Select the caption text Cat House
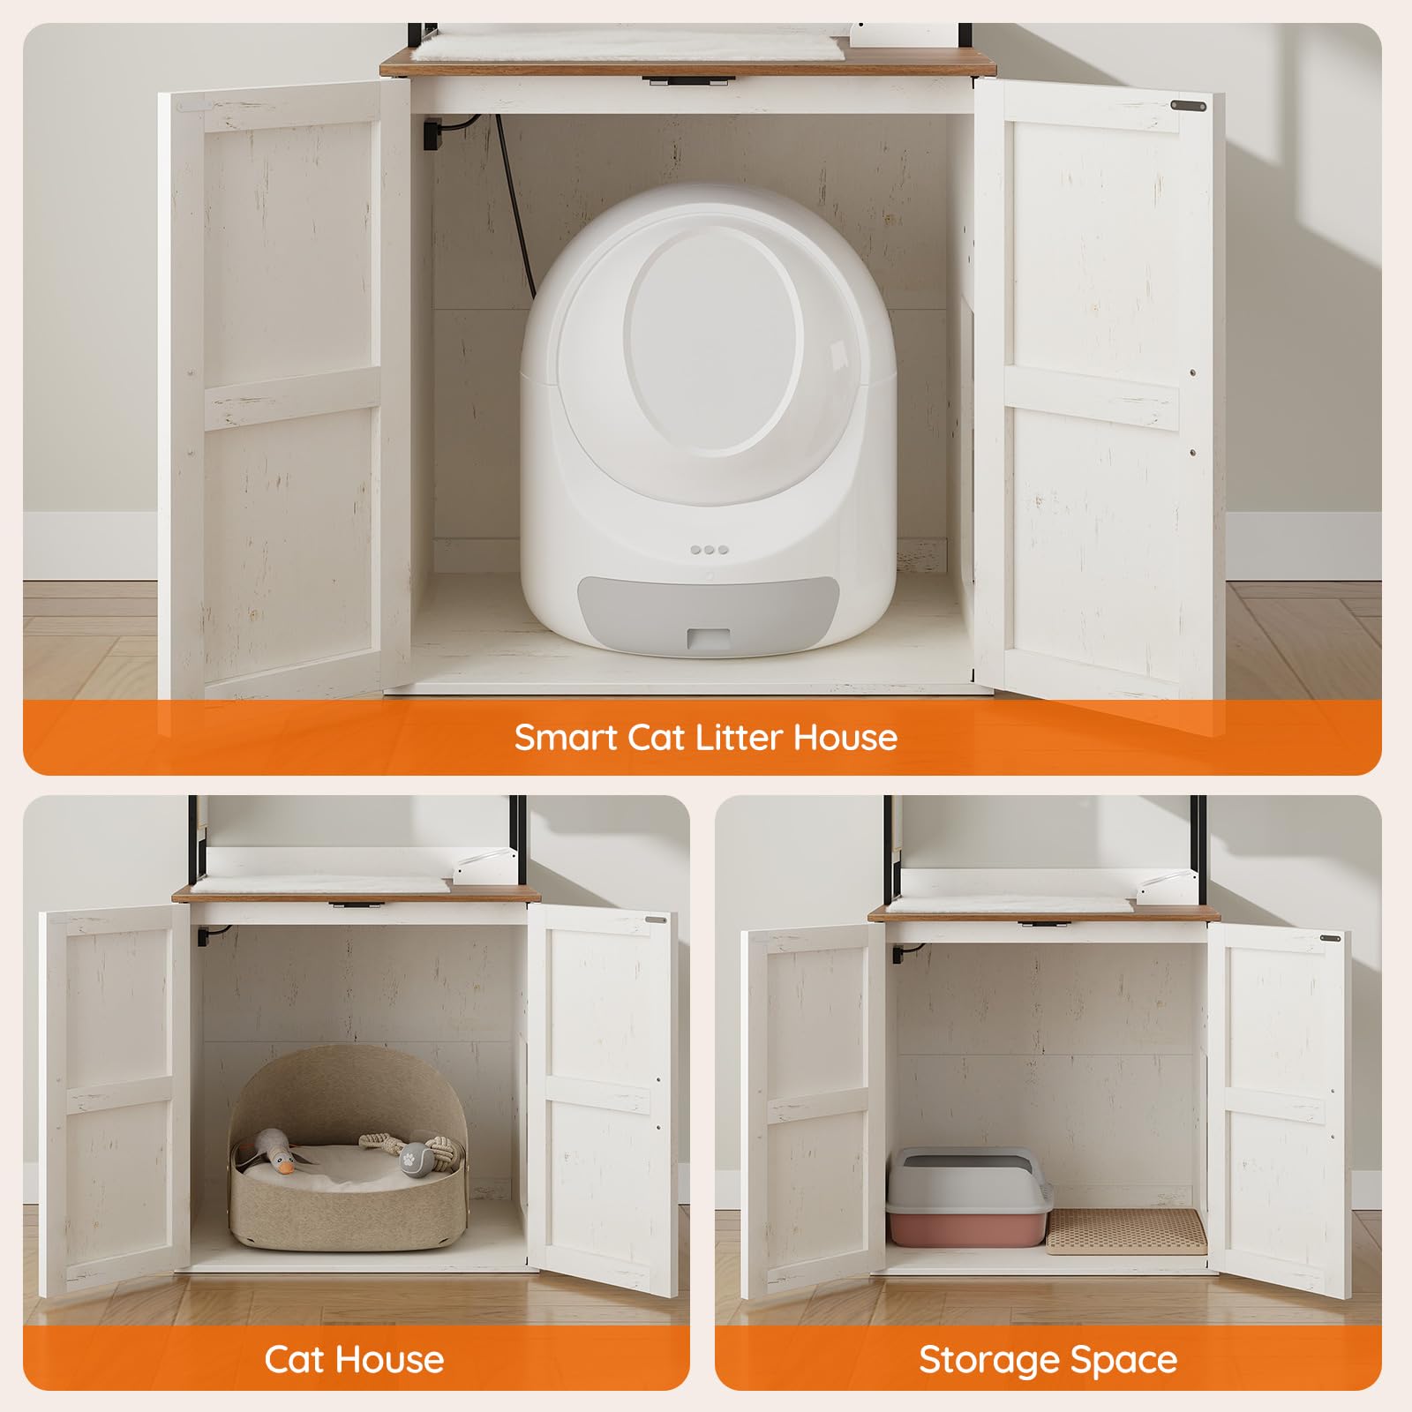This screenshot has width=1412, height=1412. tap(354, 1360)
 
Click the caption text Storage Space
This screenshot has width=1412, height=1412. tap(1048, 1360)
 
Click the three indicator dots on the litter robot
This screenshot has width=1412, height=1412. tap(709, 549)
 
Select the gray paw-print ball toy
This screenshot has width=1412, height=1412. tap(410, 1155)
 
